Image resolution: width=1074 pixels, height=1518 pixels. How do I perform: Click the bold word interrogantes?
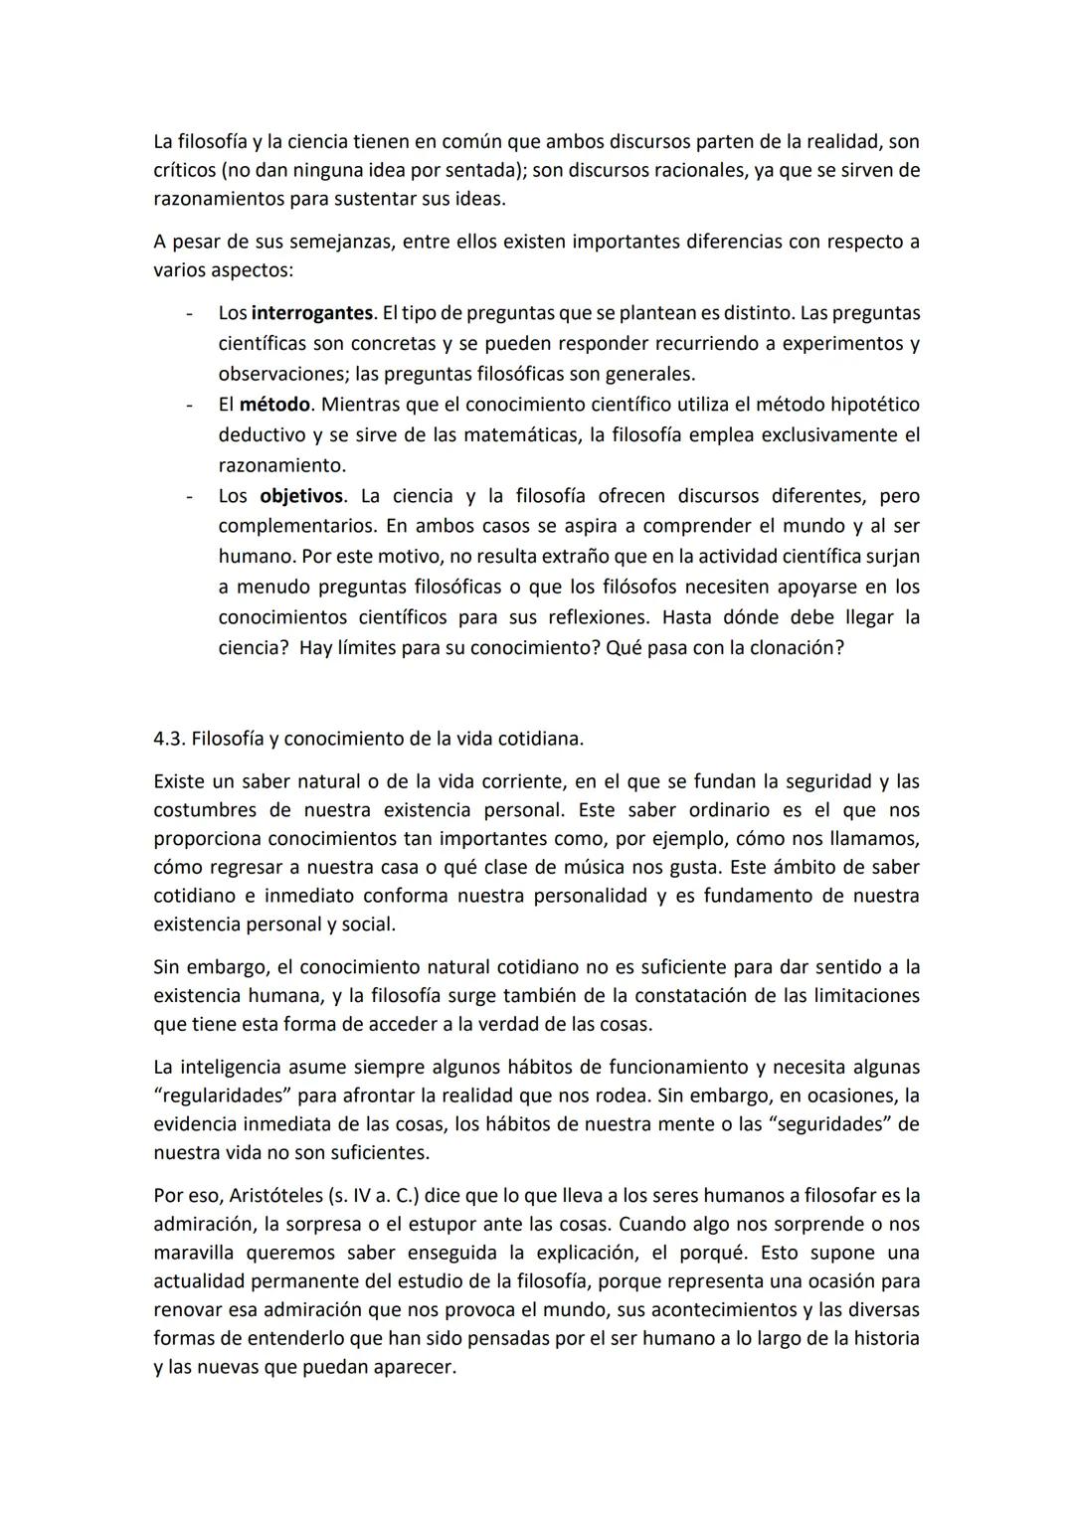(313, 313)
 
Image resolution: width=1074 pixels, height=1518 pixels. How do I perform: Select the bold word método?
(275, 405)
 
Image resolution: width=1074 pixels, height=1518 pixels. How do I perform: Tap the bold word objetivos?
(301, 496)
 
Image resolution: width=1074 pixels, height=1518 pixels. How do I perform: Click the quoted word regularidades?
(223, 1096)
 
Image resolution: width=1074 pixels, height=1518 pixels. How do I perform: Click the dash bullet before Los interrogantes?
(187, 313)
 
